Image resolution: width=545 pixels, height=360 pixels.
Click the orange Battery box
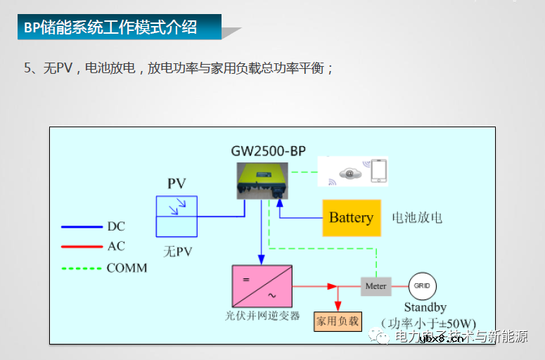[351, 217]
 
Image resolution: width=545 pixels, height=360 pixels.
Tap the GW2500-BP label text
[269, 150]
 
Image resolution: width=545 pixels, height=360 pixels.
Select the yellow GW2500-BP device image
[262, 179]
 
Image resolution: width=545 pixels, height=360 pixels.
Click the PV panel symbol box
[177, 216]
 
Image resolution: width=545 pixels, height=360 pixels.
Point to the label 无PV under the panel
[177, 250]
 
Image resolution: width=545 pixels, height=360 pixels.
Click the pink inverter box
[262, 286]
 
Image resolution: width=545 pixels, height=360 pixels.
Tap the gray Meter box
[376, 286]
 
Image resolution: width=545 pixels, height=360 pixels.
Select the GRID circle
[423, 286]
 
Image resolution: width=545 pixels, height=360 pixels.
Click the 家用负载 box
[337, 321]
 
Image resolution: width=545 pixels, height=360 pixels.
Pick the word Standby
[425, 307]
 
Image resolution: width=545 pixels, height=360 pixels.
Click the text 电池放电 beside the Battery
[417, 217]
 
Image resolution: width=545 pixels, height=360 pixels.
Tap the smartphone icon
[378, 172]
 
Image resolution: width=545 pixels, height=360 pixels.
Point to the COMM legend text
[127, 268]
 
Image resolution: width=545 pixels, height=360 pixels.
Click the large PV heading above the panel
[177, 184]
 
